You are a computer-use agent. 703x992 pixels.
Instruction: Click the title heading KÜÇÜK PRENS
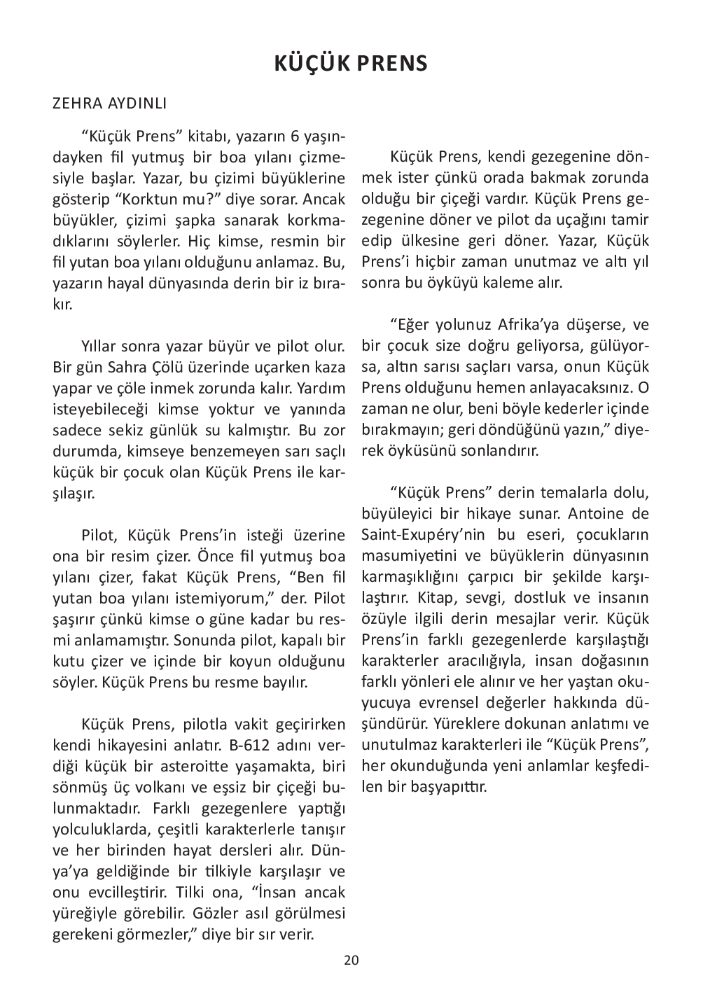[350, 64]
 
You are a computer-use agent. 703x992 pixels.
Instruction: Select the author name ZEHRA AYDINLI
[109, 104]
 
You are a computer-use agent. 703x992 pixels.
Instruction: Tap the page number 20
[351, 960]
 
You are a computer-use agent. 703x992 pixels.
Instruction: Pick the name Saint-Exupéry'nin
[424, 536]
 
